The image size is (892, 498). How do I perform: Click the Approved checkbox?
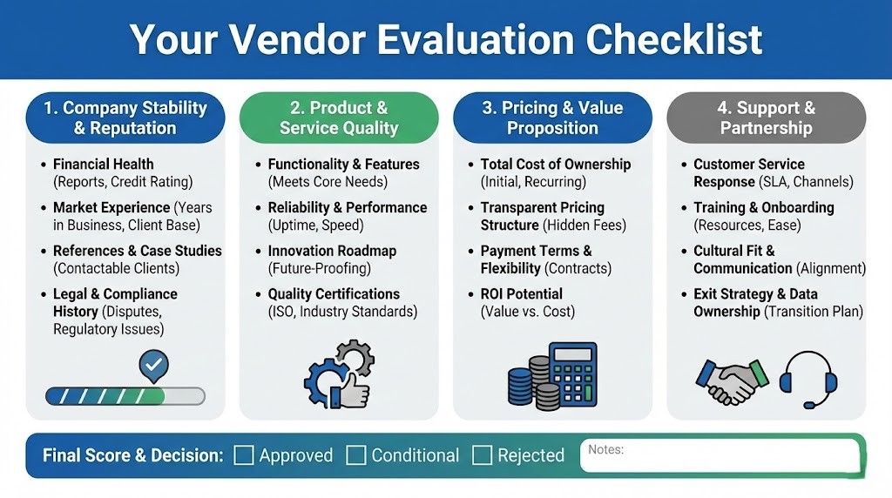click(x=244, y=455)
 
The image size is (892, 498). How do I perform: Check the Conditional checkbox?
click(x=355, y=455)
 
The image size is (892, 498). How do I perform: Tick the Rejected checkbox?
click(x=482, y=455)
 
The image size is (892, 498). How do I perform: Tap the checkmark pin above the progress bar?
click(x=154, y=367)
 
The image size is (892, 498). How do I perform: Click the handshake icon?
click(x=733, y=380)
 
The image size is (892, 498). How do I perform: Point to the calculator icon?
click(x=572, y=375)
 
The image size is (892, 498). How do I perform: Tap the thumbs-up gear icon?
click(x=340, y=375)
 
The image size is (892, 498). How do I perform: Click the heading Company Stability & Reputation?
click(x=125, y=118)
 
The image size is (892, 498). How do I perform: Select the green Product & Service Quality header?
click(x=338, y=118)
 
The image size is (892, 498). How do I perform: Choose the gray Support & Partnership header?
click(x=767, y=118)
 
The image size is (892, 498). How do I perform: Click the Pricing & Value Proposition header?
click(x=552, y=118)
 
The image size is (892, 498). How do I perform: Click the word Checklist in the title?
click(x=673, y=39)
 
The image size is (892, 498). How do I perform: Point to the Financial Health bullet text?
click(x=103, y=165)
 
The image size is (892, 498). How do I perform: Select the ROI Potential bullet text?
click(x=521, y=294)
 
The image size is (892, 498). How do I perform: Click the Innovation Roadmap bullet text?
click(x=332, y=251)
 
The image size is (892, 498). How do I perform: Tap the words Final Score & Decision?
click(x=132, y=455)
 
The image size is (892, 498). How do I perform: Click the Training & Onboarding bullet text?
click(x=763, y=208)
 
